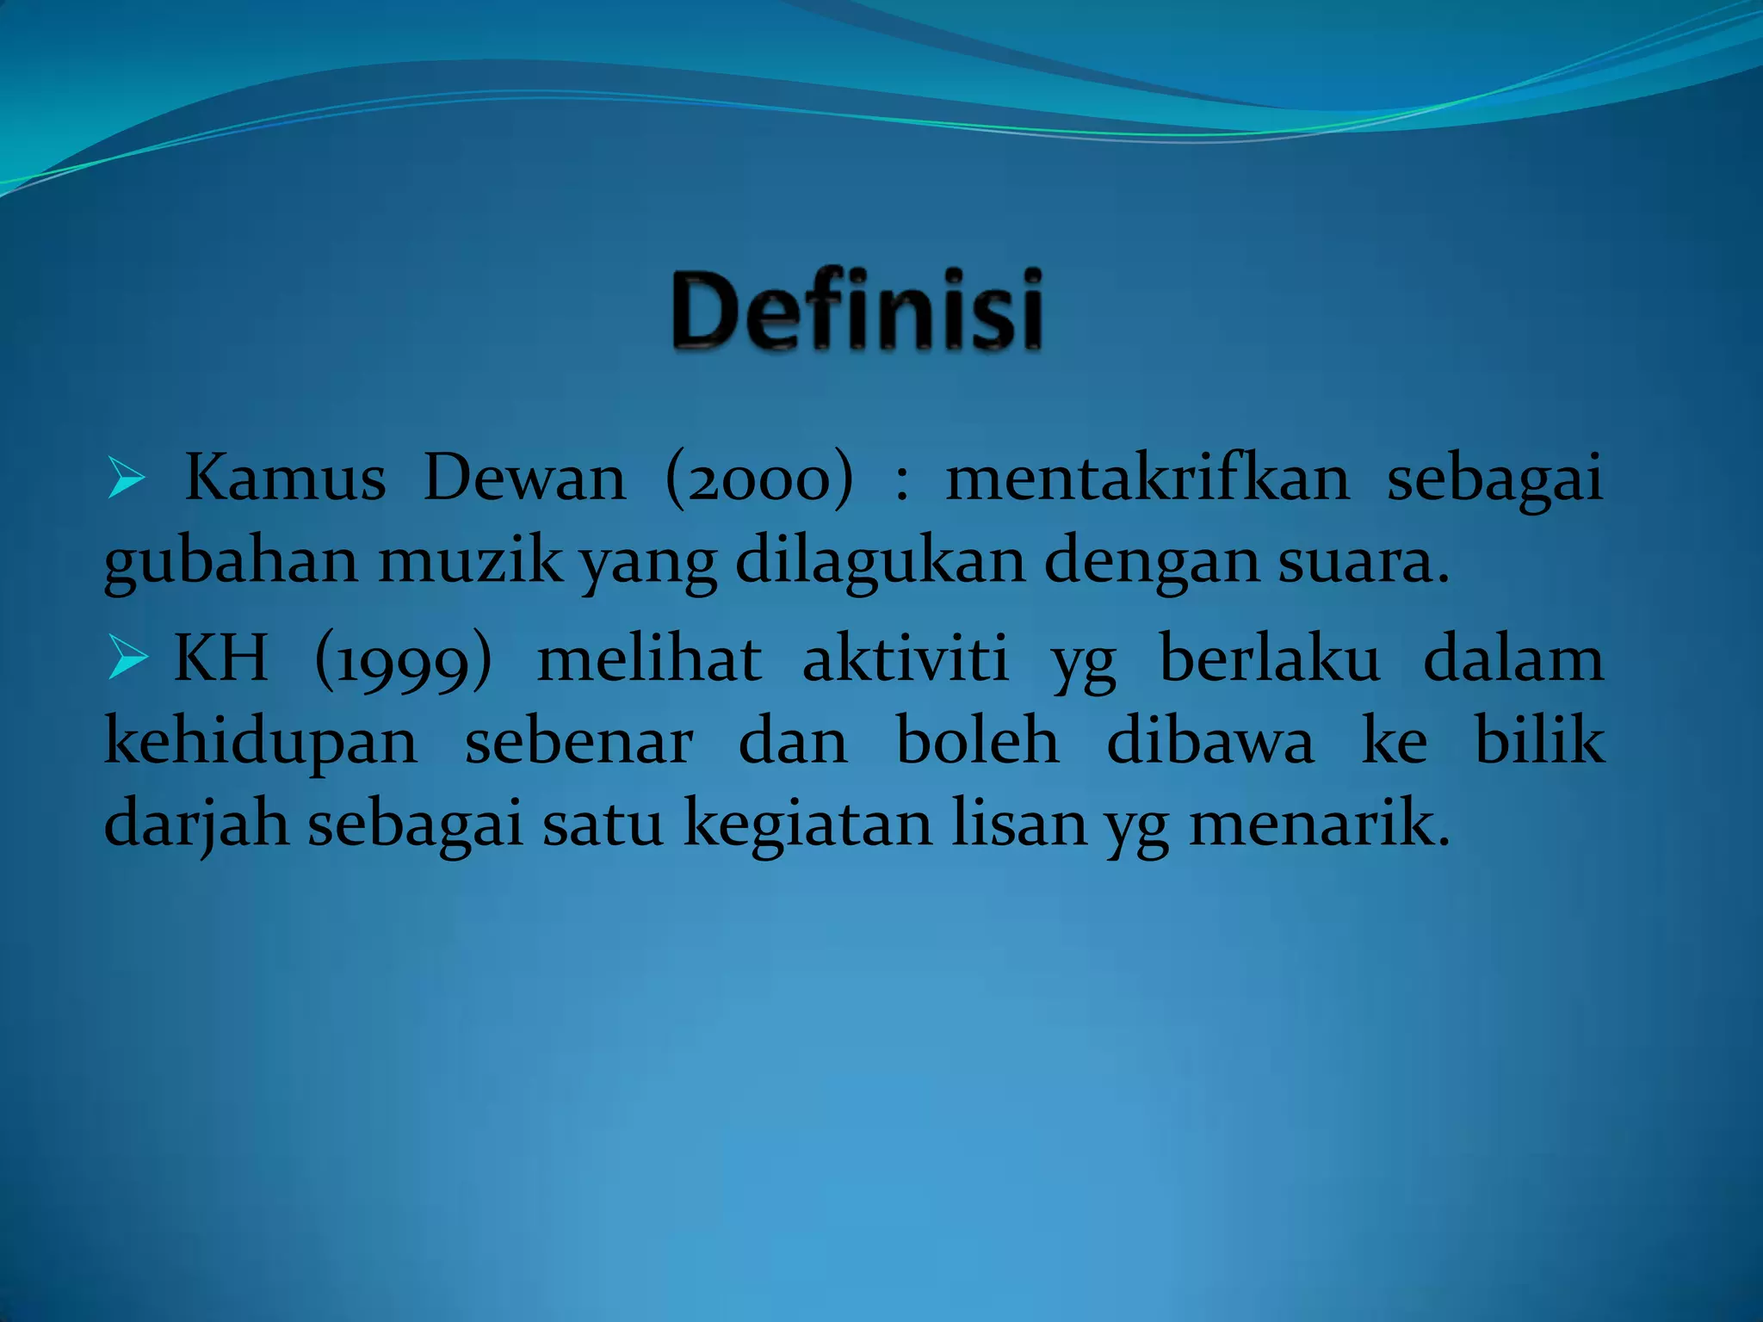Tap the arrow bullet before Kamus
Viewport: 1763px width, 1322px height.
pyautogui.click(x=126, y=480)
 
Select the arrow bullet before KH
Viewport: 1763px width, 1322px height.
pyautogui.click(x=127, y=661)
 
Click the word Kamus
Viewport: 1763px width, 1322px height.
pyautogui.click(x=285, y=478)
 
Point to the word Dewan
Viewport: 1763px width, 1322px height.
pyautogui.click(x=524, y=478)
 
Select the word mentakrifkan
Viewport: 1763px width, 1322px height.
pyautogui.click(x=1148, y=478)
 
